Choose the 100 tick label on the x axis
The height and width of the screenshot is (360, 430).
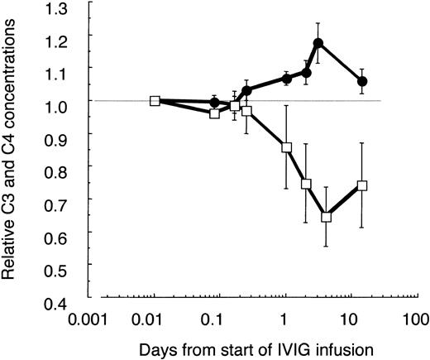[x=413, y=318]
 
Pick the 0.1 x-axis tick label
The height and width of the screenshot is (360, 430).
[x=213, y=318]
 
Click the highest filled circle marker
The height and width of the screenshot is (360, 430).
[x=318, y=42]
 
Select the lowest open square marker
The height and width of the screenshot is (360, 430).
[x=326, y=217]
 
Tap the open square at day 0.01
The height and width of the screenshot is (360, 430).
[x=155, y=101]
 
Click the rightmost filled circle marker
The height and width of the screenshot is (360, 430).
[x=362, y=81]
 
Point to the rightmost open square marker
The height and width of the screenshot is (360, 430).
[x=362, y=185]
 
